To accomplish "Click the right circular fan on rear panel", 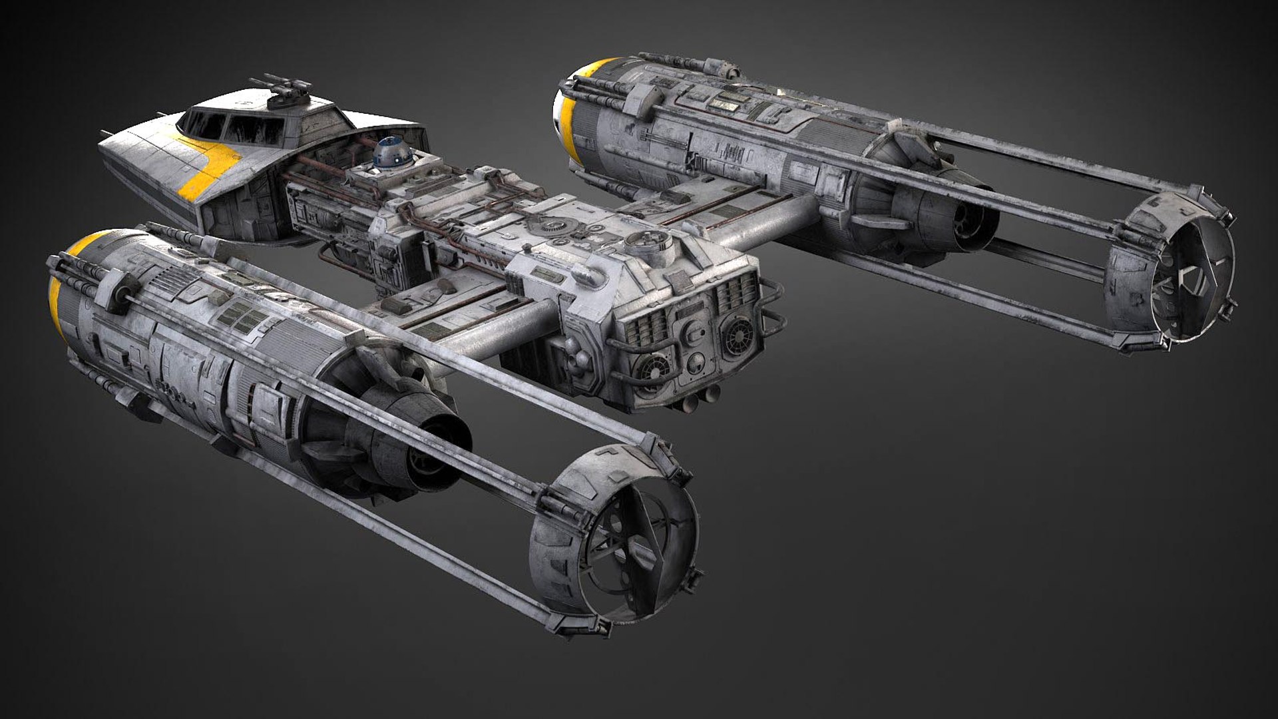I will pos(738,336).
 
